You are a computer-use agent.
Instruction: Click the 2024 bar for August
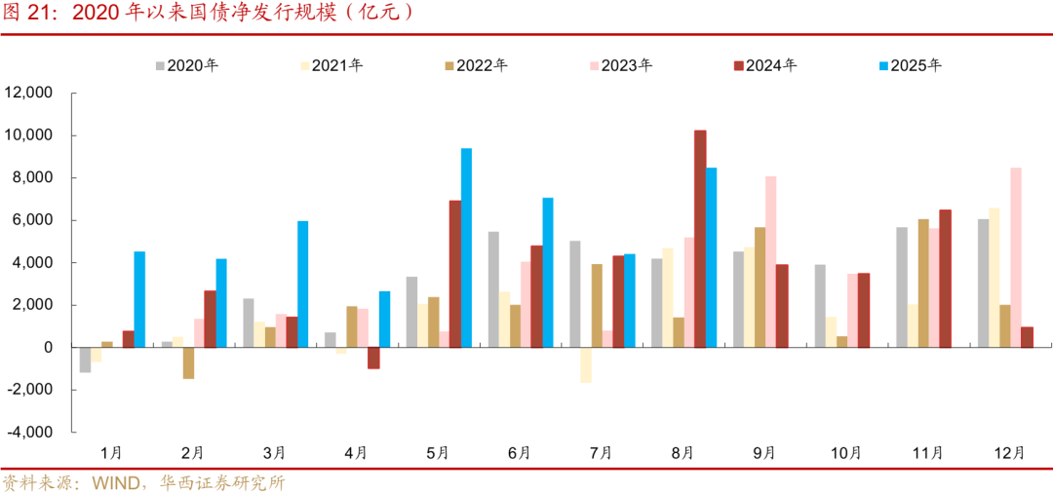click(x=700, y=239)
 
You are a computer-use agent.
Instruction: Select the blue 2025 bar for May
click(x=466, y=247)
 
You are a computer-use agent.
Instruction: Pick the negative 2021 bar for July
click(x=586, y=364)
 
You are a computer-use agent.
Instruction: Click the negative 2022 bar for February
click(x=188, y=362)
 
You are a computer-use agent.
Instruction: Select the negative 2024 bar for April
click(x=373, y=358)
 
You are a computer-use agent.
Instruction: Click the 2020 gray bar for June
click(x=493, y=289)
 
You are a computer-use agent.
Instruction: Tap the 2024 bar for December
click(x=1028, y=337)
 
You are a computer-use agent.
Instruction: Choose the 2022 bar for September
click(x=760, y=287)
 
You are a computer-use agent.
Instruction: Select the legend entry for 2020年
click(x=186, y=66)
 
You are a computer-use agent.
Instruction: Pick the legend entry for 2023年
click(x=620, y=66)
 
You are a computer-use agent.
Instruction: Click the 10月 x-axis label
click(x=845, y=453)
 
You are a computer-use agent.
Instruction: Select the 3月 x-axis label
click(x=274, y=453)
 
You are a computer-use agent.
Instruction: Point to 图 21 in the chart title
click(x=27, y=14)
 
